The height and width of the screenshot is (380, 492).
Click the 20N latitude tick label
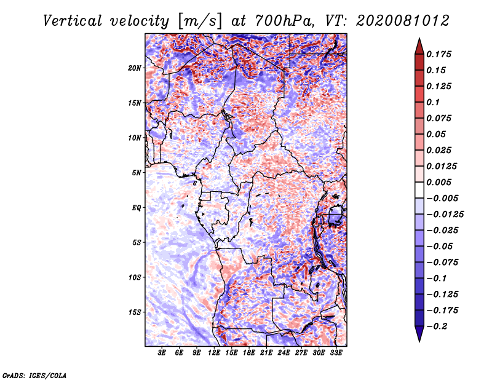coord(134,68)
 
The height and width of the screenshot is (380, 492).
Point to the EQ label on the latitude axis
coord(136,208)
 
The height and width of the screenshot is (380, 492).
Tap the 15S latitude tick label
coord(134,312)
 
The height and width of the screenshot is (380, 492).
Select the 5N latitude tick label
coord(136,173)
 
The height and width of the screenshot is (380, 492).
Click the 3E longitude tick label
coord(162,352)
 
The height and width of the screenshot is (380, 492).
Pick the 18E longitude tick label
coord(249,352)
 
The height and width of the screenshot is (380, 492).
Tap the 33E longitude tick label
coord(336,352)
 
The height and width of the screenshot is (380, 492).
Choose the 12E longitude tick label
coord(214,352)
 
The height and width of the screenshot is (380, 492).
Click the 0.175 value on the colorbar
coord(438,54)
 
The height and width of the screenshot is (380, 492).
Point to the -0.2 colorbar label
coord(437,327)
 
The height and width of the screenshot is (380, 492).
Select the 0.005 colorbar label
coord(438,182)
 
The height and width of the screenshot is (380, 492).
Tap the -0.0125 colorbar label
coord(445,215)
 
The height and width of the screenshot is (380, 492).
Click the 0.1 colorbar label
coord(433,102)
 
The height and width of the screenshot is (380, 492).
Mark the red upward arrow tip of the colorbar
coord(419,39)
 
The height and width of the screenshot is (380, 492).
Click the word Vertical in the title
coord(73,21)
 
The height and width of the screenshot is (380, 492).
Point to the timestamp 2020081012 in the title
coord(403,21)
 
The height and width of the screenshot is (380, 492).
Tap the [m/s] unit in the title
coord(200,21)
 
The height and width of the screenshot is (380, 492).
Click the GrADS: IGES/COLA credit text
coord(34,376)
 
